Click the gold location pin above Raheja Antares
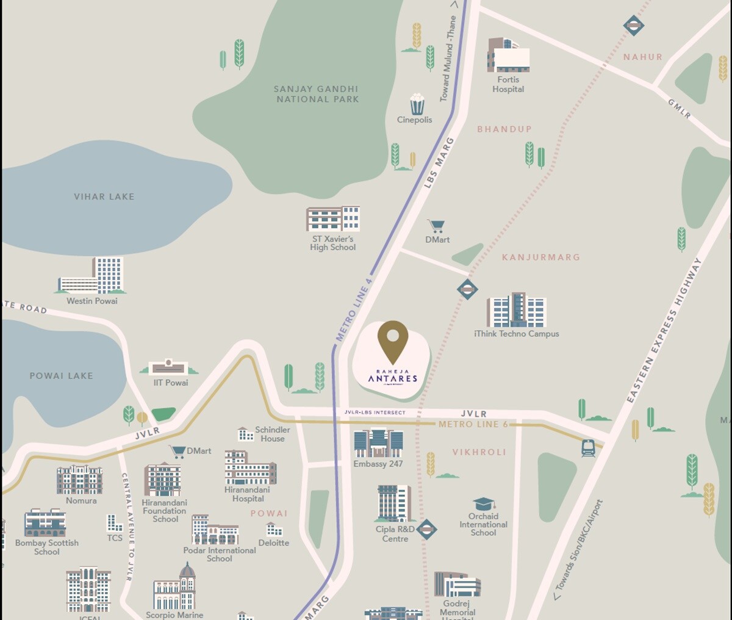coord(392,339)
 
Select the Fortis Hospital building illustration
coord(508,55)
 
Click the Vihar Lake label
coord(104,196)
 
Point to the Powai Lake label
coord(62,376)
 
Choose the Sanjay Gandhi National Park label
coord(317,94)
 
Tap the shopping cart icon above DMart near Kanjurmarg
coord(436,226)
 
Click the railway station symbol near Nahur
coord(634,26)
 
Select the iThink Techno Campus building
coord(516,310)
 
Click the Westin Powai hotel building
coord(92,276)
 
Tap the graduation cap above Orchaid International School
coord(484,503)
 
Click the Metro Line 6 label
coord(473,424)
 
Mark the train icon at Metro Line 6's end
coord(588,448)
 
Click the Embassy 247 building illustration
coord(378,443)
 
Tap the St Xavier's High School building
coord(333,219)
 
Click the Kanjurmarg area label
coord(540,258)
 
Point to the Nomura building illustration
coord(80,480)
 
